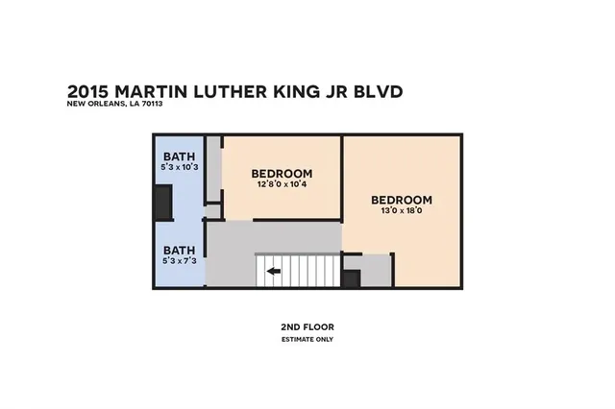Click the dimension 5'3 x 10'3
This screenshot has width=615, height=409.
[x=179, y=168]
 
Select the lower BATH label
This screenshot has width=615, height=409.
[x=179, y=249]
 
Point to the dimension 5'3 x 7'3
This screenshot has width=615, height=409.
[x=179, y=260]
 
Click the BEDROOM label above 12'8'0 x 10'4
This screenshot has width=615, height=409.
[x=283, y=174]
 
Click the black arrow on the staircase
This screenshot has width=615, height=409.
[x=274, y=271]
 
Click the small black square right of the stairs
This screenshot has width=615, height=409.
[x=351, y=278]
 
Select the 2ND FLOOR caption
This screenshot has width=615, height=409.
[x=307, y=327]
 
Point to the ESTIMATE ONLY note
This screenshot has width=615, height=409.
[x=307, y=339]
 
